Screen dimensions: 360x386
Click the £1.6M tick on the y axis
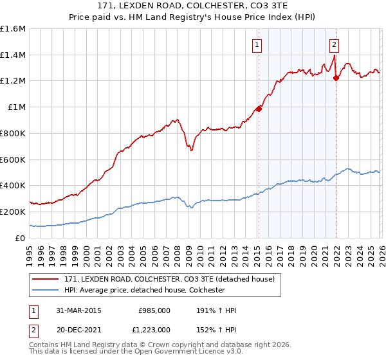(13, 29)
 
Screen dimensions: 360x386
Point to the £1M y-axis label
(15, 107)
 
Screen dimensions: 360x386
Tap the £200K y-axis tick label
(13, 212)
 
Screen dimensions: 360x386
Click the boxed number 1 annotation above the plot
(257, 45)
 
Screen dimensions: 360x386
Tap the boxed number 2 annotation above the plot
(335, 45)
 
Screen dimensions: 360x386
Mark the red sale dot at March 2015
(259, 109)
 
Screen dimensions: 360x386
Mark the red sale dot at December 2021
(336, 78)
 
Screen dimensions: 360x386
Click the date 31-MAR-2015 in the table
(78, 310)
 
